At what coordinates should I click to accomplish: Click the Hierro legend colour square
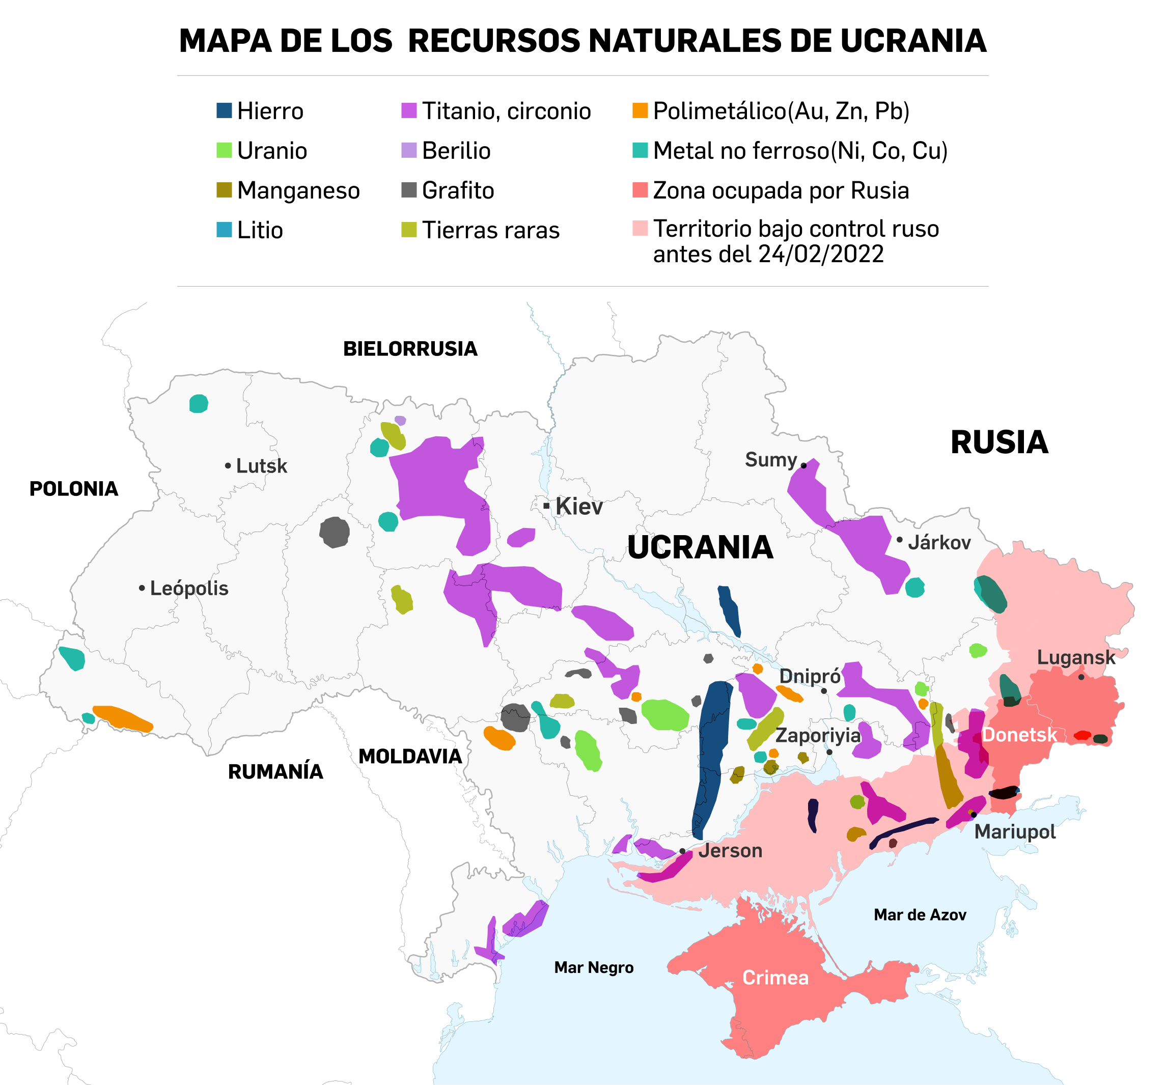(224, 110)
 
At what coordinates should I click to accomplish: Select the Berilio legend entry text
(456, 151)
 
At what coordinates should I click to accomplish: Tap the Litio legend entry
(259, 230)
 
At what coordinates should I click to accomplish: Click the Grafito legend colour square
(409, 190)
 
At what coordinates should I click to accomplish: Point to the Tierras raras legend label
(490, 230)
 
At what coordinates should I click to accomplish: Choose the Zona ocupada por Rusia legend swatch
(640, 190)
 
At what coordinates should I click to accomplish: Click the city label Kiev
(578, 506)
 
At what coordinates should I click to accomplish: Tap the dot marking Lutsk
(228, 466)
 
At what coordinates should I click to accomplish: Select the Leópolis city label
(189, 588)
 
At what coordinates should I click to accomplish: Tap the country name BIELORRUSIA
(410, 349)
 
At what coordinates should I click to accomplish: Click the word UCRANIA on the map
(700, 547)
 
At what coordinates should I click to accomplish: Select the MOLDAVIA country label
(410, 757)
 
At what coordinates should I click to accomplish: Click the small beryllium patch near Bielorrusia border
(400, 421)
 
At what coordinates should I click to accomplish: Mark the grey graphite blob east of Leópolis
(335, 533)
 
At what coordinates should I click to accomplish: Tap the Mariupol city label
(1015, 831)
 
